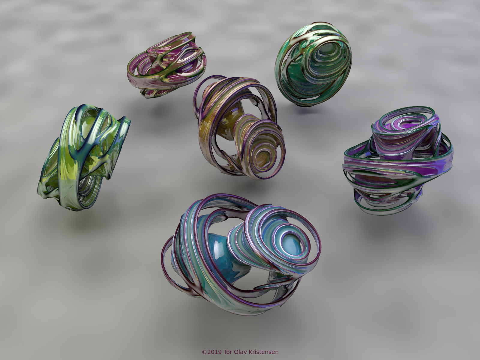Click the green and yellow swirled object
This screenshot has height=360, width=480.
[x=84, y=157]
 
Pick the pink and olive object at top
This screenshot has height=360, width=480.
[x=166, y=65]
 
